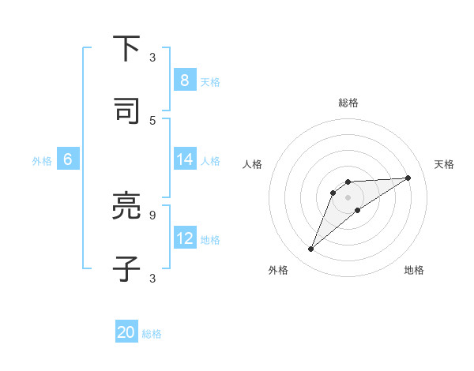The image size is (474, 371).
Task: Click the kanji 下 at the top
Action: coord(126,49)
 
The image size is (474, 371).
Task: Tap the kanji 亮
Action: coord(126,206)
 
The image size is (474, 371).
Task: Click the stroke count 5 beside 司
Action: coord(152,120)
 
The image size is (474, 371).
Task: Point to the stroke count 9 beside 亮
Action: coord(152,213)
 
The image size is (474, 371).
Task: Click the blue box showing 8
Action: coord(184,80)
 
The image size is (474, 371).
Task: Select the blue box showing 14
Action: coord(184,159)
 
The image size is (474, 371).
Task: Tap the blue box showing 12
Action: coord(184,238)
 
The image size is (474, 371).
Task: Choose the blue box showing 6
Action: coord(68,159)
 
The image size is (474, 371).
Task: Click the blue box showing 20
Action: coord(126,332)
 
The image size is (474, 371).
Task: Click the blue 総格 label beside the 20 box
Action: coord(152,334)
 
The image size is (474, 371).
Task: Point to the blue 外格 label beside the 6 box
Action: coord(42,161)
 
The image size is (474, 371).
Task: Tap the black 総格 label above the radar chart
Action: coord(348,103)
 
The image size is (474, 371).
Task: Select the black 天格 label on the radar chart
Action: coord(444,164)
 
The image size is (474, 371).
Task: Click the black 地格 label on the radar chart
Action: coord(414,271)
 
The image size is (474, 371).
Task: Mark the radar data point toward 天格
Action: coord(408,178)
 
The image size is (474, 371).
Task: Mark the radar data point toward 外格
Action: coord(310,249)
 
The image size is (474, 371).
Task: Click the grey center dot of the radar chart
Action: coord(348,197)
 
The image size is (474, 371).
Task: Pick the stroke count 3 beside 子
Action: coord(152,277)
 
